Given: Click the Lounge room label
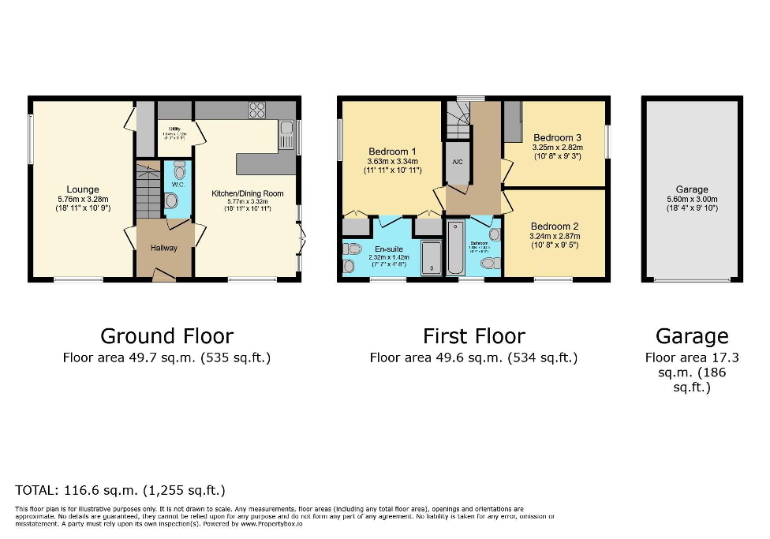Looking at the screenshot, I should [83, 189].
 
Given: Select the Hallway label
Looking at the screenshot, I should [165, 248].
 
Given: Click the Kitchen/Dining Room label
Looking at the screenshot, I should [247, 193].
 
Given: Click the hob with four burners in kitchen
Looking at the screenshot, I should [257, 110].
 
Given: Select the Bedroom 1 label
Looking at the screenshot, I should [392, 152].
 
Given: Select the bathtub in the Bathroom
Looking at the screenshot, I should [458, 248].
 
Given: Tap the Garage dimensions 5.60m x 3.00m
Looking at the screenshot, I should [691, 200].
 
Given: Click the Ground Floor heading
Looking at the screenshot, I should [166, 336].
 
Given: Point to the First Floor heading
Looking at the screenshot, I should [473, 336].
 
